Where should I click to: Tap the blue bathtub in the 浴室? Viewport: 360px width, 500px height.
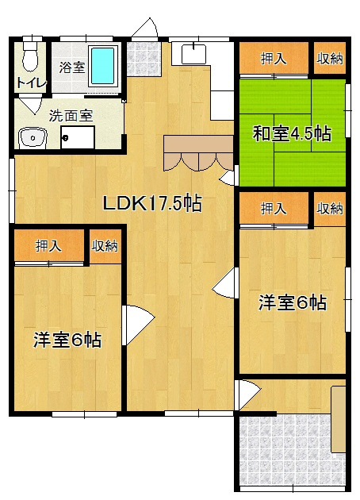(x=103, y=66)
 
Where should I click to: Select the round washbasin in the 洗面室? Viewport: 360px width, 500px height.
(x=33, y=138)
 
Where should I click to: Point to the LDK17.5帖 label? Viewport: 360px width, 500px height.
(x=152, y=204)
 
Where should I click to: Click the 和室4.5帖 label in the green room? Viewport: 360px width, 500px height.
(x=292, y=133)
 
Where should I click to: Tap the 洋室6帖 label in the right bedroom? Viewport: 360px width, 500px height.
(x=293, y=302)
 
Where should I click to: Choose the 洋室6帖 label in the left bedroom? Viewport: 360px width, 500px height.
(x=67, y=340)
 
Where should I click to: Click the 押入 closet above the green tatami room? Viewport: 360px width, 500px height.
(x=274, y=58)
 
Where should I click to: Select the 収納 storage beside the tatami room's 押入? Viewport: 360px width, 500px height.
(x=330, y=58)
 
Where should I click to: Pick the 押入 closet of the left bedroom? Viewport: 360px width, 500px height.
(x=48, y=246)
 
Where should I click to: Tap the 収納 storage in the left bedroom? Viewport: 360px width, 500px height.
(x=105, y=246)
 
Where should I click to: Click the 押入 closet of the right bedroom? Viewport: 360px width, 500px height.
(x=274, y=209)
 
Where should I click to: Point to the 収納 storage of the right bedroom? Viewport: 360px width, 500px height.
(x=330, y=209)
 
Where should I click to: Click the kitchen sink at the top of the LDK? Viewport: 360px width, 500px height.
(x=191, y=54)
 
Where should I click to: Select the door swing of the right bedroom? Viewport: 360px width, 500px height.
(x=226, y=282)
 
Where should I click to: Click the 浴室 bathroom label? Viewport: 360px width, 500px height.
(x=73, y=67)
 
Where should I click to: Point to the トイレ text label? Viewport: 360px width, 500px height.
(x=30, y=83)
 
